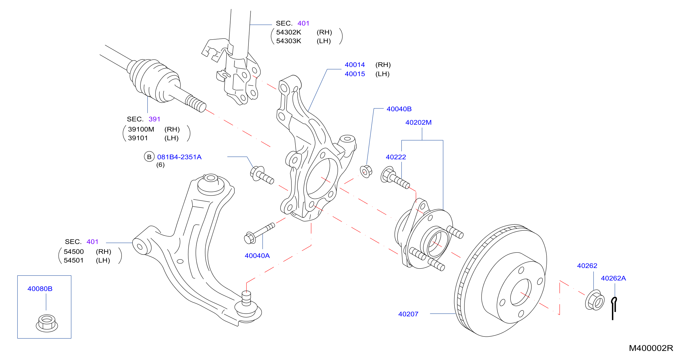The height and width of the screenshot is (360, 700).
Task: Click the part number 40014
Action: click(355, 65)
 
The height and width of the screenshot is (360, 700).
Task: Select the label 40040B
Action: click(399, 109)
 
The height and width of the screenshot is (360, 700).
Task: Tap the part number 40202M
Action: click(418, 122)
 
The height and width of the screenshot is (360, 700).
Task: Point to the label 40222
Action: click(396, 157)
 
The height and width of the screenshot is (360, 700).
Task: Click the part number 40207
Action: click(408, 314)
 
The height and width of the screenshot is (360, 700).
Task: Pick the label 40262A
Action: click(613, 278)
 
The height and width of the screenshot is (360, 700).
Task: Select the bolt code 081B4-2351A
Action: click(179, 157)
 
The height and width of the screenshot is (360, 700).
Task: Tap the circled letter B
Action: click(149, 157)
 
